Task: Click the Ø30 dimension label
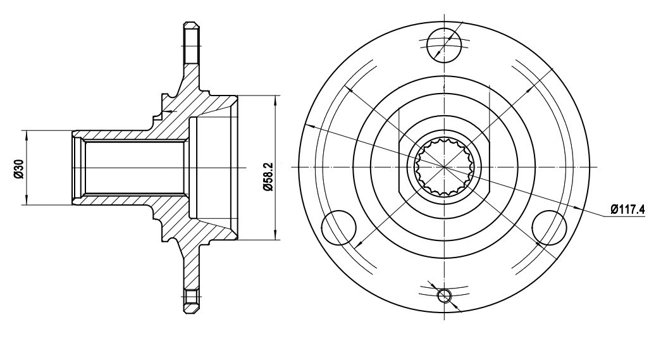coord(18,168)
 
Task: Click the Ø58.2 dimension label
coord(268,177)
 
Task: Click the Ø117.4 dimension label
coord(627,209)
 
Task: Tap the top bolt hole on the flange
coord(444,44)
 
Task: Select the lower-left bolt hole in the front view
coord(338,227)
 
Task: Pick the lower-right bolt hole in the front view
coord(549,227)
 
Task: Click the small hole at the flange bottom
coord(444,296)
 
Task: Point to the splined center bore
coord(444,168)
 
